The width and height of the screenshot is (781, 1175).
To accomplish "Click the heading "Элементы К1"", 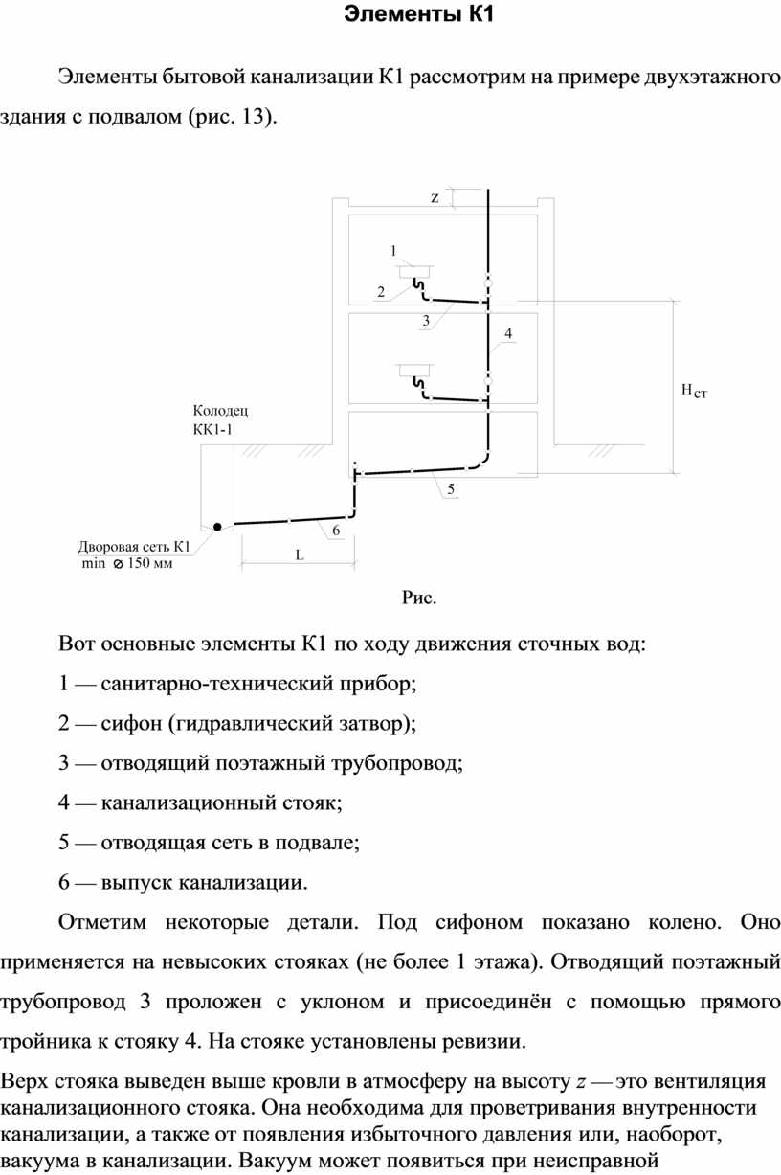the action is (x=419, y=14).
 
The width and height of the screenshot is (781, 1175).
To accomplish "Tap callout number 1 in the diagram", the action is (x=393, y=251).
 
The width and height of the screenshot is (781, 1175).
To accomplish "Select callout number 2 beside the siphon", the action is (x=381, y=292).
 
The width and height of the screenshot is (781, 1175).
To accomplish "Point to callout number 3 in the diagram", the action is (x=426, y=321).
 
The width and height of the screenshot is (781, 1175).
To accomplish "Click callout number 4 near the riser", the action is (x=508, y=333).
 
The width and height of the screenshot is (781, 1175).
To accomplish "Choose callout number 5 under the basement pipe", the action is (x=450, y=489).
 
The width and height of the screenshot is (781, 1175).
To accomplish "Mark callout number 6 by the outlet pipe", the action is (x=336, y=531).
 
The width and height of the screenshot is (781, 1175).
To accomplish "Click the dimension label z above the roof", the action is (x=435, y=198).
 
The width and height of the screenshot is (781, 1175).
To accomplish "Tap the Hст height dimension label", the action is (x=694, y=391).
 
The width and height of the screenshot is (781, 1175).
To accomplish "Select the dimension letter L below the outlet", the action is (x=300, y=555).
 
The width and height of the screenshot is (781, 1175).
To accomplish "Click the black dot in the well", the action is (x=217, y=527).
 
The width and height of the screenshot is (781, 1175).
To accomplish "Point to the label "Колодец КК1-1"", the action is (x=220, y=419).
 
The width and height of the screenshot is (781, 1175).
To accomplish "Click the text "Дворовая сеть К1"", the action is (x=134, y=547).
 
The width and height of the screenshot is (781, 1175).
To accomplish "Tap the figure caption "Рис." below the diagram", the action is (x=419, y=598).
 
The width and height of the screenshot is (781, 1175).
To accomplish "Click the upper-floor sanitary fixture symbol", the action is (x=415, y=272).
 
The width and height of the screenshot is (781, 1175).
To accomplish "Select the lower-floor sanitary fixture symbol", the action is (x=415, y=371).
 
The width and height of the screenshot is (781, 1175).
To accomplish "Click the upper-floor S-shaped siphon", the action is (x=419, y=287).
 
